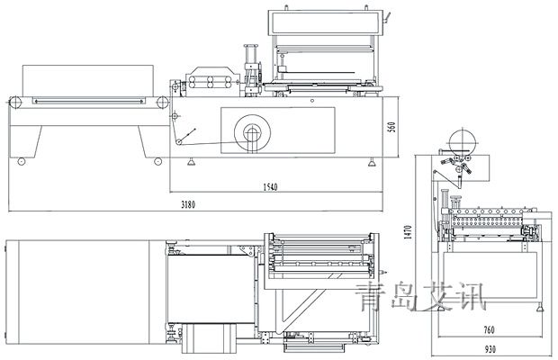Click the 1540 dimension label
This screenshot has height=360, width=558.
click(x=270, y=187)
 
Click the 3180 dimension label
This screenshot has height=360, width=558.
click(x=188, y=204)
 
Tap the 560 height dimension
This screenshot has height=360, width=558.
click(x=391, y=127)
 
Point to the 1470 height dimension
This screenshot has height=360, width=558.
click(x=408, y=231)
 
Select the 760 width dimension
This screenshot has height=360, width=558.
click(x=490, y=330)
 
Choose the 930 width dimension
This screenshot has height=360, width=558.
click(x=490, y=350)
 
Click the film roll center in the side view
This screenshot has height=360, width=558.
click(x=252, y=133)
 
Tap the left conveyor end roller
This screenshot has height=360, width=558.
click(x=14, y=103)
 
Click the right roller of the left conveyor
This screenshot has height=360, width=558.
click(x=162, y=103)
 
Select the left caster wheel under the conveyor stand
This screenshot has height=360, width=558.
click(x=22, y=161)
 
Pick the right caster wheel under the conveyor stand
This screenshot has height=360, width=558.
click(x=158, y=161)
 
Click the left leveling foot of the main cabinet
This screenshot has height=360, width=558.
click(x=192, y=162)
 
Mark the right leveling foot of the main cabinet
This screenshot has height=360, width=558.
click(x=372, y=162)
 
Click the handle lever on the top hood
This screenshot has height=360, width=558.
click(x=387, y=19)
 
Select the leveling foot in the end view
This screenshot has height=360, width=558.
click(x=540, y=308)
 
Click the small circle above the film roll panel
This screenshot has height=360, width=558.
click(x=312, y=101)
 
